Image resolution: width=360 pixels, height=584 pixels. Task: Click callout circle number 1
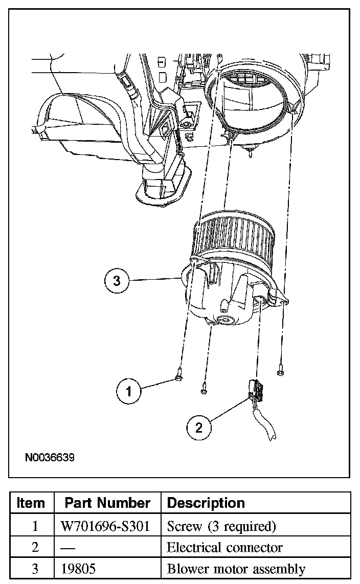pos(129,391)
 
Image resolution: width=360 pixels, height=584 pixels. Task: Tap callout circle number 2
pos(199,428)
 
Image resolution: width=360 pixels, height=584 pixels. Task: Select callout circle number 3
pos(117,281)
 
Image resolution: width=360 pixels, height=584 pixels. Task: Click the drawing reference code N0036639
pos(50,457)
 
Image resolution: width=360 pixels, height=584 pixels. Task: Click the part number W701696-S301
pos(107,526)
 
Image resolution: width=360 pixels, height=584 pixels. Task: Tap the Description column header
pos(206,503)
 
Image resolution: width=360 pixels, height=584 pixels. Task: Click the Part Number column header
pos(107,503)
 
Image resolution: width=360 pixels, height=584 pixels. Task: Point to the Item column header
pos(31,503)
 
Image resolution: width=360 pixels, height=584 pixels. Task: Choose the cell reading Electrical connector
pos(224,547)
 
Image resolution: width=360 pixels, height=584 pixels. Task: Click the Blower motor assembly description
pos(236,569)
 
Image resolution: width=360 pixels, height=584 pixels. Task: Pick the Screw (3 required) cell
pos(221,526)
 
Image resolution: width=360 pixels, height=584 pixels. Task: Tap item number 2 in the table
pos(35,547)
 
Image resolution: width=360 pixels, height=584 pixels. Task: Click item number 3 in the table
pos(35,569)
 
